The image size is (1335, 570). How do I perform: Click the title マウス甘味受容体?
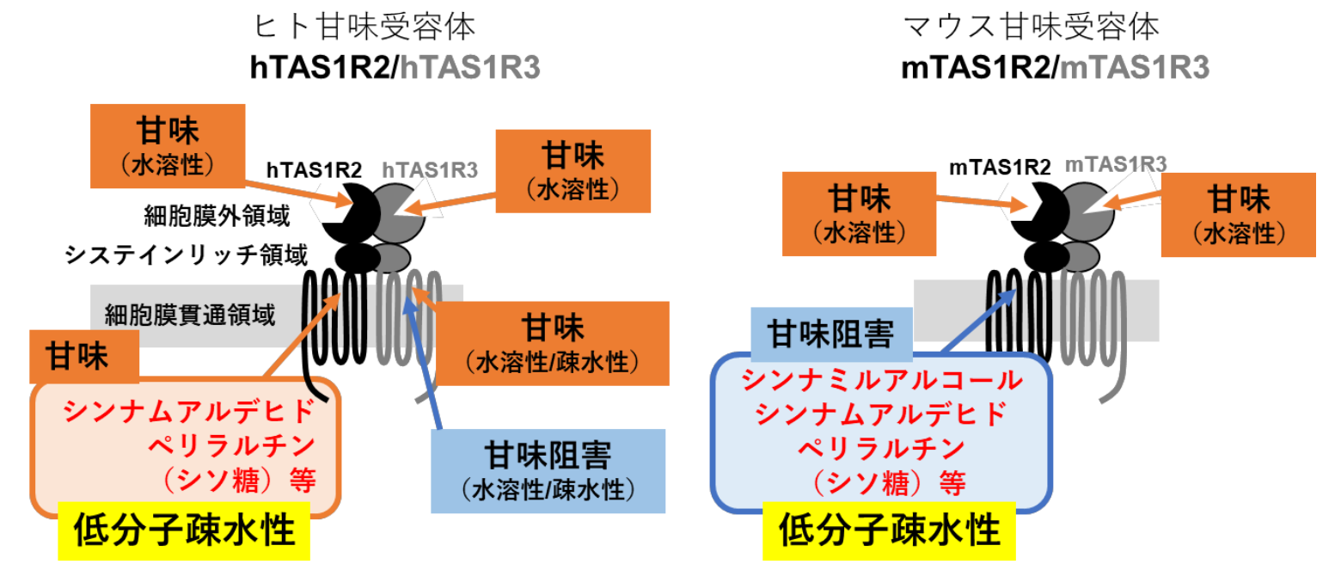pyautogui.click(x=1032, y=29)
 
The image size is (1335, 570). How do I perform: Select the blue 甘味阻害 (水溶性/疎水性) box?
pyautogui.click(x=548, y=470)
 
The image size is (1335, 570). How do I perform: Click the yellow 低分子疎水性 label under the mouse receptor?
pyautogui.click(x=889, y=530)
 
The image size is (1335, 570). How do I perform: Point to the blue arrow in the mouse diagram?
pyautogui.click(x=980, y=322)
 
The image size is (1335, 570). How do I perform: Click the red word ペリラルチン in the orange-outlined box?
pyautogui.click(x=232, y=445)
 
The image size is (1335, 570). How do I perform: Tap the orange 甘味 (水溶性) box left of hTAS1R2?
pyautogui.click(x=156, y=145)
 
